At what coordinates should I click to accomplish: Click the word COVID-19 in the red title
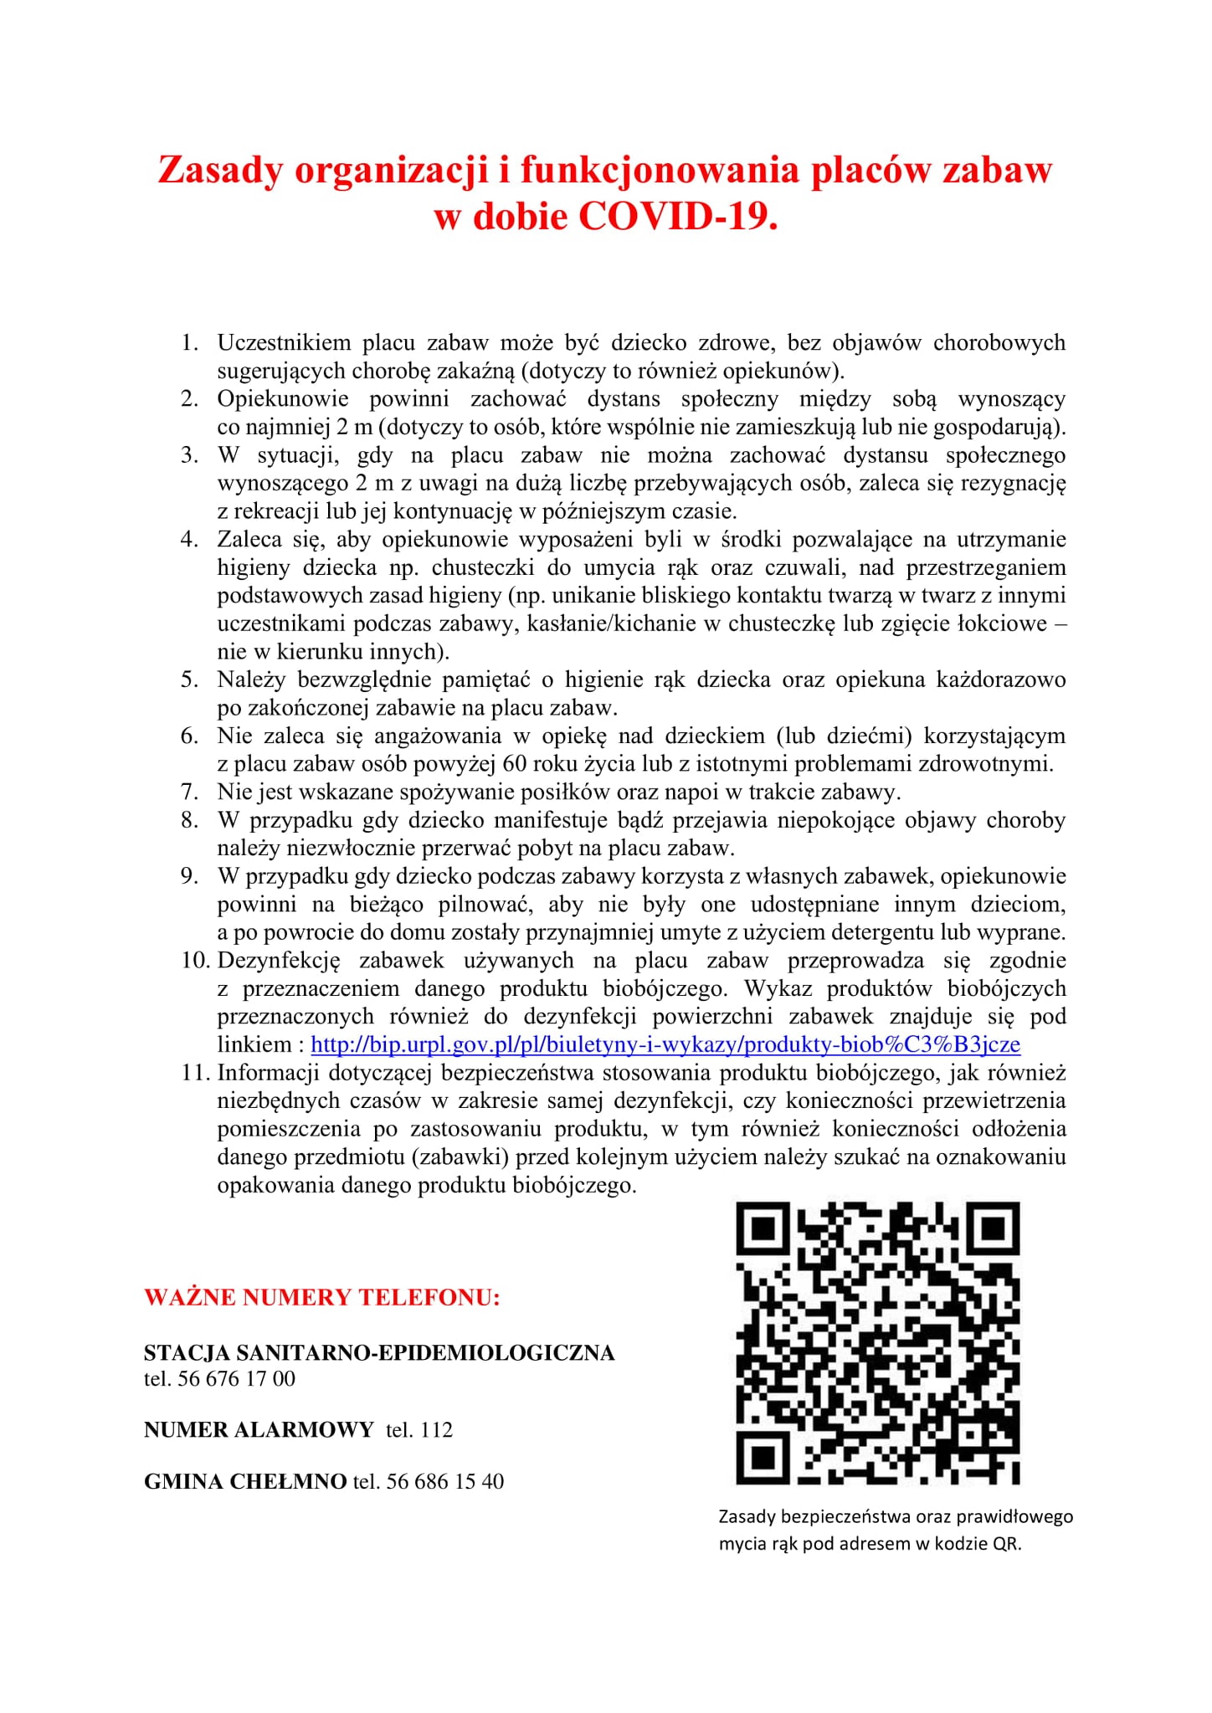pyautogui.click(x=677, y=217)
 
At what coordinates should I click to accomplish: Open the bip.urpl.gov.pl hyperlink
pyautogui.click(x=665, y=1044)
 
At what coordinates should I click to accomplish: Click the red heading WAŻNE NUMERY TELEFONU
pyautogui.click(x=322, y=1298)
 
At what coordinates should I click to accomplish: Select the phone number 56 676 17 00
pyautogui.click(x=237, y=1378)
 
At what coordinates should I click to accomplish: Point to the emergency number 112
pyautogui.click(x=436, y=1429)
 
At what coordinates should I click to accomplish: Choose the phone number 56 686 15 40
pyautogui.click(x=445, y=1481)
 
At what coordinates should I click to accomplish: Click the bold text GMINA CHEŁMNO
pyautogui.click(x=245, y=1481)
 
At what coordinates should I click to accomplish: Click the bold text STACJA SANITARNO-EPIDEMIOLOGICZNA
pyautogui.click(x=379, y=1352)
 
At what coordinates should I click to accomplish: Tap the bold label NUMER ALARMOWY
pyautogui.click(x=259, y=1429)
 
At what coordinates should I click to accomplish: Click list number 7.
pyautogui.click(x=189, y=792)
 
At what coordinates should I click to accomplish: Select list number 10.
pyautogui.click(x=195, y=960)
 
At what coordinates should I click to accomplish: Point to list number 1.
pyautogui.click(x=189, y=342)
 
